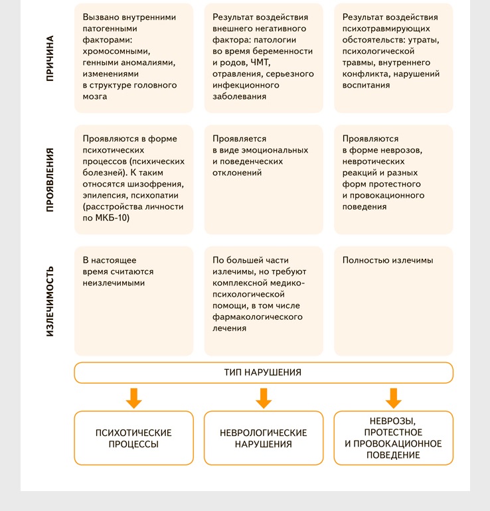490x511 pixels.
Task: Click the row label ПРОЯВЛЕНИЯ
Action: pyautogui.click(x=50, y=180)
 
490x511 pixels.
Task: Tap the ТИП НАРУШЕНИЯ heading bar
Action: pyautogui.click(x=263, y=372)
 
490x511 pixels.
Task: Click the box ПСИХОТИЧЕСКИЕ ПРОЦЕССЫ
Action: pyautogui.click(x=133, y=438)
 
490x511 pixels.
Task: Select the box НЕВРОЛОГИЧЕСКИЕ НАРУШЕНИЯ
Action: pyautogui.click(x=263, y=438)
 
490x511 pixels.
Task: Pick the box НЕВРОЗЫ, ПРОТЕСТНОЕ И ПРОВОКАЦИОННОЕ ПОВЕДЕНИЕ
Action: pyautogui.click(x=393, y=438)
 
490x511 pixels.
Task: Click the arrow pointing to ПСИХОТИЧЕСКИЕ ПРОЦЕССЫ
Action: pyautogui.click(x=133, y=398)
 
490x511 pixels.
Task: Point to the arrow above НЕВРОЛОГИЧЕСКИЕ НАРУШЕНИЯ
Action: pyautogui.click(x=263, y=398)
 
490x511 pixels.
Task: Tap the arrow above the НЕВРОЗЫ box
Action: pyautogui.click(x=393, y=398)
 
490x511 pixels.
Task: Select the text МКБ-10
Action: pyautogui.click(x=112, y=217)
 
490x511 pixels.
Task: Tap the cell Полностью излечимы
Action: pyautogui.click(x=388, y=261)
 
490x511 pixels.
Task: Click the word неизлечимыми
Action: pyautogui.click(x=114, y=283)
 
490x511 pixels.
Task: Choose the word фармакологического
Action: pyautogui.click(x=258, y=317)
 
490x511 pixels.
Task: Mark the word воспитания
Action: pyautogui.click(x=367, y=85)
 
